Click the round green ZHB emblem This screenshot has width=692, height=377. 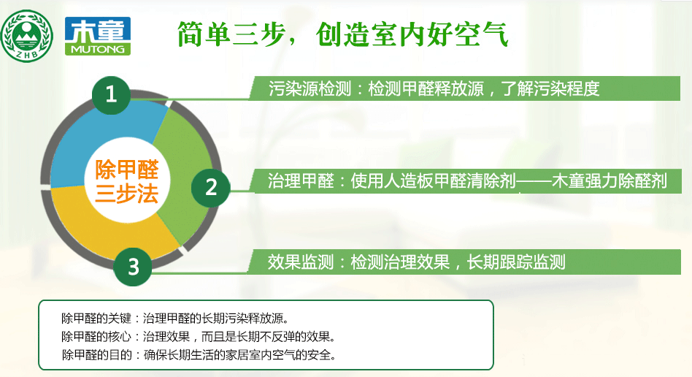[x=27, y=36]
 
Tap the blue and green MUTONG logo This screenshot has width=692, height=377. [x=98, y=36]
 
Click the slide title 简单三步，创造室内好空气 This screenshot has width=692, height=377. [x=343, y=34]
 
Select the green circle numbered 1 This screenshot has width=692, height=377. [x=111, y=94]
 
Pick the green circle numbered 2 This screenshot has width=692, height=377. [x=210, y=187]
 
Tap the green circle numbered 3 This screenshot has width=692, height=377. [x=133, y=267]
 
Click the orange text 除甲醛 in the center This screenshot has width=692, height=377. [x=127, y=170]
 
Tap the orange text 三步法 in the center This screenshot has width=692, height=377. [x=127, y=194]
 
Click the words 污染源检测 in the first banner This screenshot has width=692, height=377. [x=310, y=88]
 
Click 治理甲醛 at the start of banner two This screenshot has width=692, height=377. [x=301, y=181]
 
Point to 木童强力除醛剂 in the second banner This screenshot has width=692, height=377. [x=610, y=181]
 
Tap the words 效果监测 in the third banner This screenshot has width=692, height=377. [x=301, y=262]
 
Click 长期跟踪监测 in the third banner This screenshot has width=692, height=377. [x=516, y=262]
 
